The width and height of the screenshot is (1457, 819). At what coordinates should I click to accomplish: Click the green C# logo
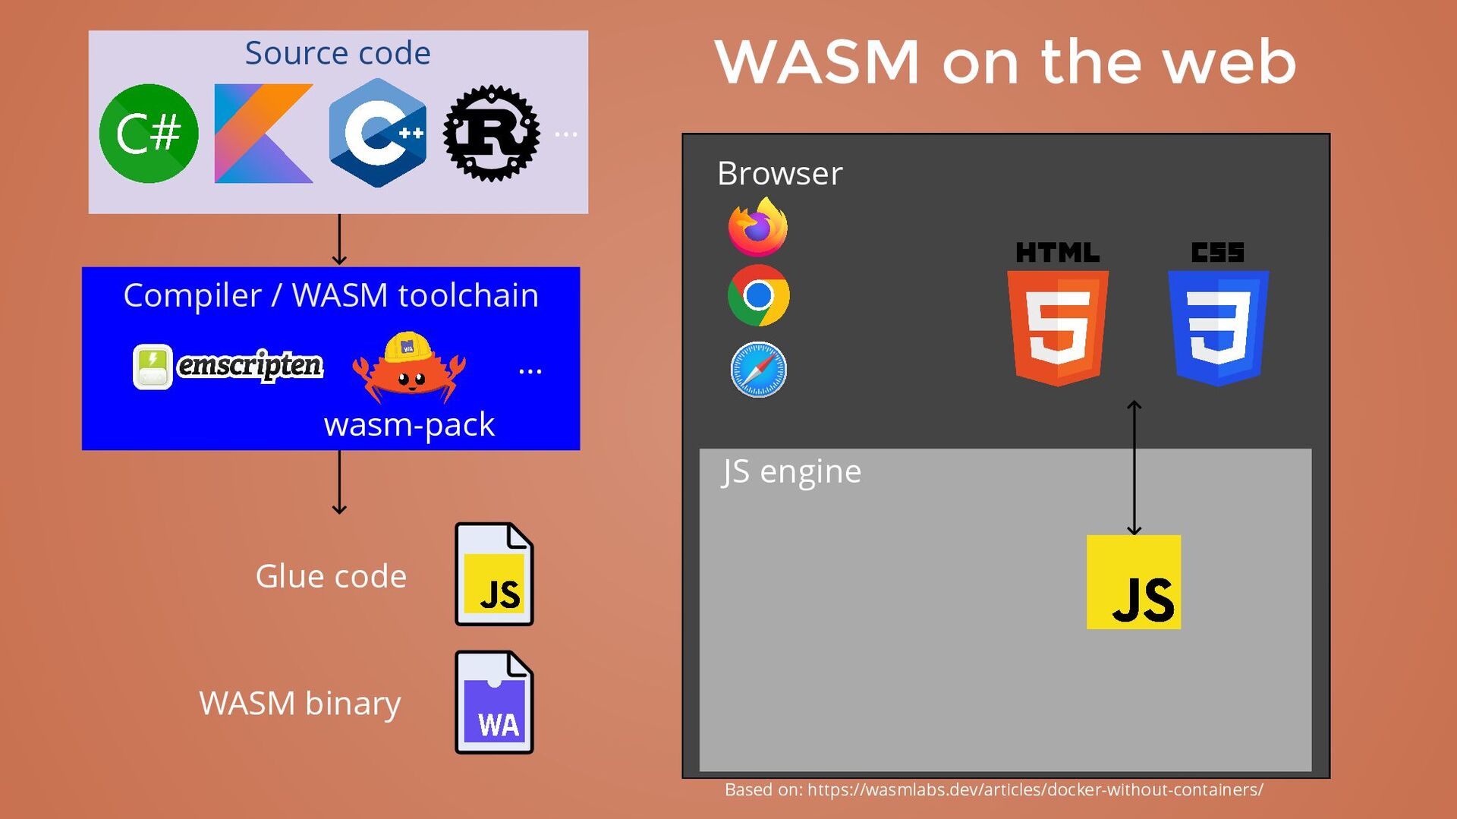point(149,134)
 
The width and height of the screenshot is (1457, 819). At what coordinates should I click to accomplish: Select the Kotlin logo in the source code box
point(263,134)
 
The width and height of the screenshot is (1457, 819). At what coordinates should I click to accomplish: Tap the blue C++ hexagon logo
point(378,134)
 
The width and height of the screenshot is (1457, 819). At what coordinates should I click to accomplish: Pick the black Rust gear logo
point(492,134)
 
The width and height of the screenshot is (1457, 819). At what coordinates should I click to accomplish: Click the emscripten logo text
point(250,366)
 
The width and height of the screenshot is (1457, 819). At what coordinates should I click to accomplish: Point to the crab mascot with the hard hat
point(409,367)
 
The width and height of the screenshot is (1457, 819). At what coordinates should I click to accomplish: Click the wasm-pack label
point(409,424)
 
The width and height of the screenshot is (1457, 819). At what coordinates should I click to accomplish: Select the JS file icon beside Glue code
point(494,575)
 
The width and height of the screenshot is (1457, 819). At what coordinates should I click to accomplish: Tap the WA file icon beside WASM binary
point(494,702)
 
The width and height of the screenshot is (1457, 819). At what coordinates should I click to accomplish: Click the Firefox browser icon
point(758,227)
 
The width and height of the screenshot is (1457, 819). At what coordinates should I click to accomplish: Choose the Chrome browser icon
point(758,295)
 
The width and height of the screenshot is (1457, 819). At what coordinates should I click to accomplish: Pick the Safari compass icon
point(758,370)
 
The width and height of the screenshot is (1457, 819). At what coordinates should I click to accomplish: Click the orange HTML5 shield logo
point(1058,326)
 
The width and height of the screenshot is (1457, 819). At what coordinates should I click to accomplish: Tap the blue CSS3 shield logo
point(1218,326)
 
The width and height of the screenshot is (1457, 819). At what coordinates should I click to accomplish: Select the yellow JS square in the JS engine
point(1134,582)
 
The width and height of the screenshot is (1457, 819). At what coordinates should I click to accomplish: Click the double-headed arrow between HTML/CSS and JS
point(1134,468)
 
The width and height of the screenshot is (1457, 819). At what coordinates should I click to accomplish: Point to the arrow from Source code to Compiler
point(339,239)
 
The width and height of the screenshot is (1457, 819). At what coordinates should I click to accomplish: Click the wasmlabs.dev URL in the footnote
point(1035,790)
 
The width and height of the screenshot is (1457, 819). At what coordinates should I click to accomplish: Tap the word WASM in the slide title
point(817,62)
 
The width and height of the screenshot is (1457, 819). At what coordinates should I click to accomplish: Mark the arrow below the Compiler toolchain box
point(339,483)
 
